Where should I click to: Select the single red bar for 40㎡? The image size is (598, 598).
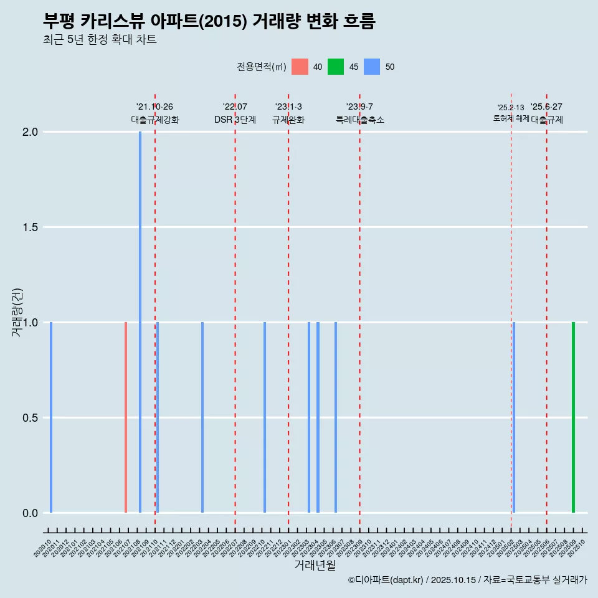tap(126, 417)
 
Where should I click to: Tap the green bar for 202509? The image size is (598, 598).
tap(573, 417)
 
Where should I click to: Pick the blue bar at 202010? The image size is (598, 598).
tap(51, 417)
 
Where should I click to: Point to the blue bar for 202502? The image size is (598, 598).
tap(514, 417)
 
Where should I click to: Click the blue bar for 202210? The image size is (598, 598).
tap(265, 417)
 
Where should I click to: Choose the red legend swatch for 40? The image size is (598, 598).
tap(300, 67)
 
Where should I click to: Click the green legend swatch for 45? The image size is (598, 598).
tap(336, 67)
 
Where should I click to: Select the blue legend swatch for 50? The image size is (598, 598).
tap(372, 67)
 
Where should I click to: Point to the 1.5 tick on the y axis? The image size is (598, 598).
tap(30, 227)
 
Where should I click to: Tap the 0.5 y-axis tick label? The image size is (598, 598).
tap(30, 418)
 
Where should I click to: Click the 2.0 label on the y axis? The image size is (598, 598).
tap(30, 132)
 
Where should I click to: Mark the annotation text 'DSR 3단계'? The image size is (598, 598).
tap(235, 120)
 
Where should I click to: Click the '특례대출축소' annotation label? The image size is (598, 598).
tap(360, 120)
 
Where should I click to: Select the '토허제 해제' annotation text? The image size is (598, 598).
tap(511, 118)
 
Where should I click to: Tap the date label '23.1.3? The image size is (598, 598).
tap(288, 107)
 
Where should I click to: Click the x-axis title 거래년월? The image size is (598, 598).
tap(315, 566)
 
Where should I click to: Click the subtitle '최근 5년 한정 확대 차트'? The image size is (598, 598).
tap(100, 40)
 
